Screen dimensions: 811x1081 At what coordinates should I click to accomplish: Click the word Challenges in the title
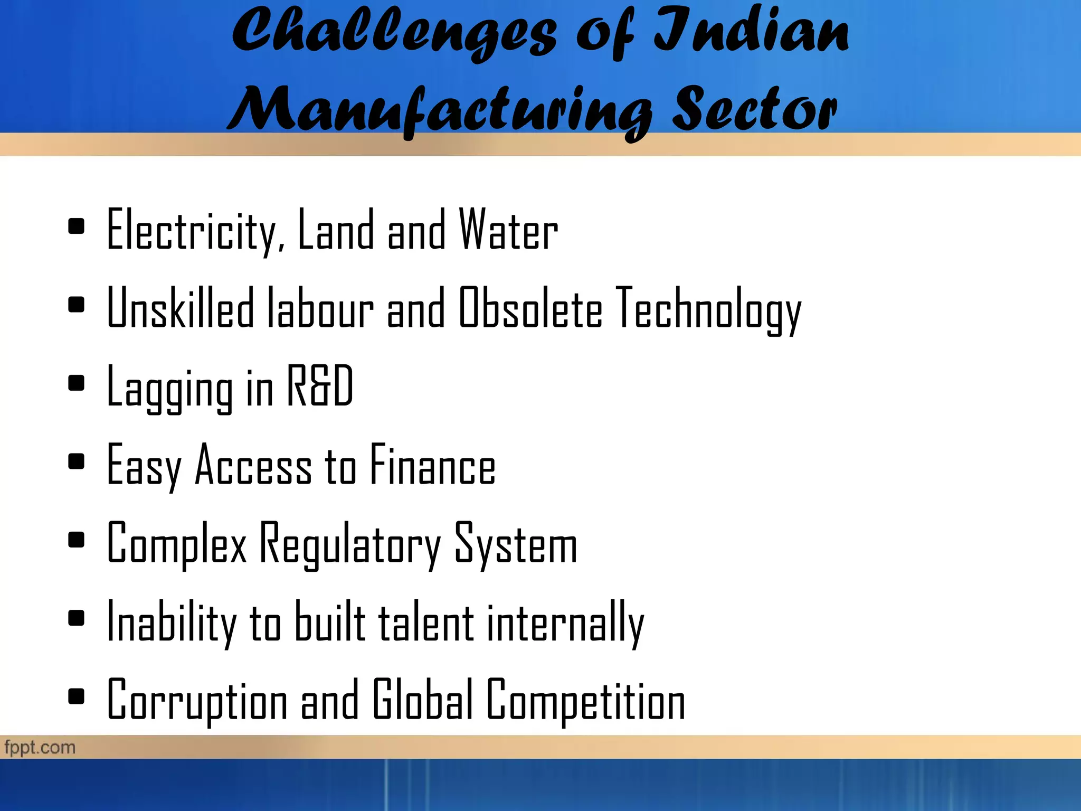393,33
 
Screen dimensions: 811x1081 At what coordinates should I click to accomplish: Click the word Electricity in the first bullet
192,230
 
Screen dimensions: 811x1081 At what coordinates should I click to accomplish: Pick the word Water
508,230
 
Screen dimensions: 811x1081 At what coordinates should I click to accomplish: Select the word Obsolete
530,308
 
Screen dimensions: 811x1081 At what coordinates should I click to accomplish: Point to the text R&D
320,386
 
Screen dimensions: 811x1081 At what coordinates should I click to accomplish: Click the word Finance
433,465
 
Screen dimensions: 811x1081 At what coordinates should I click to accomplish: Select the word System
516,544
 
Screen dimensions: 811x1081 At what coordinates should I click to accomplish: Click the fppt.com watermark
40,747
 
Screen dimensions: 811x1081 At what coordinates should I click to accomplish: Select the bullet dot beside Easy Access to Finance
77,461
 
